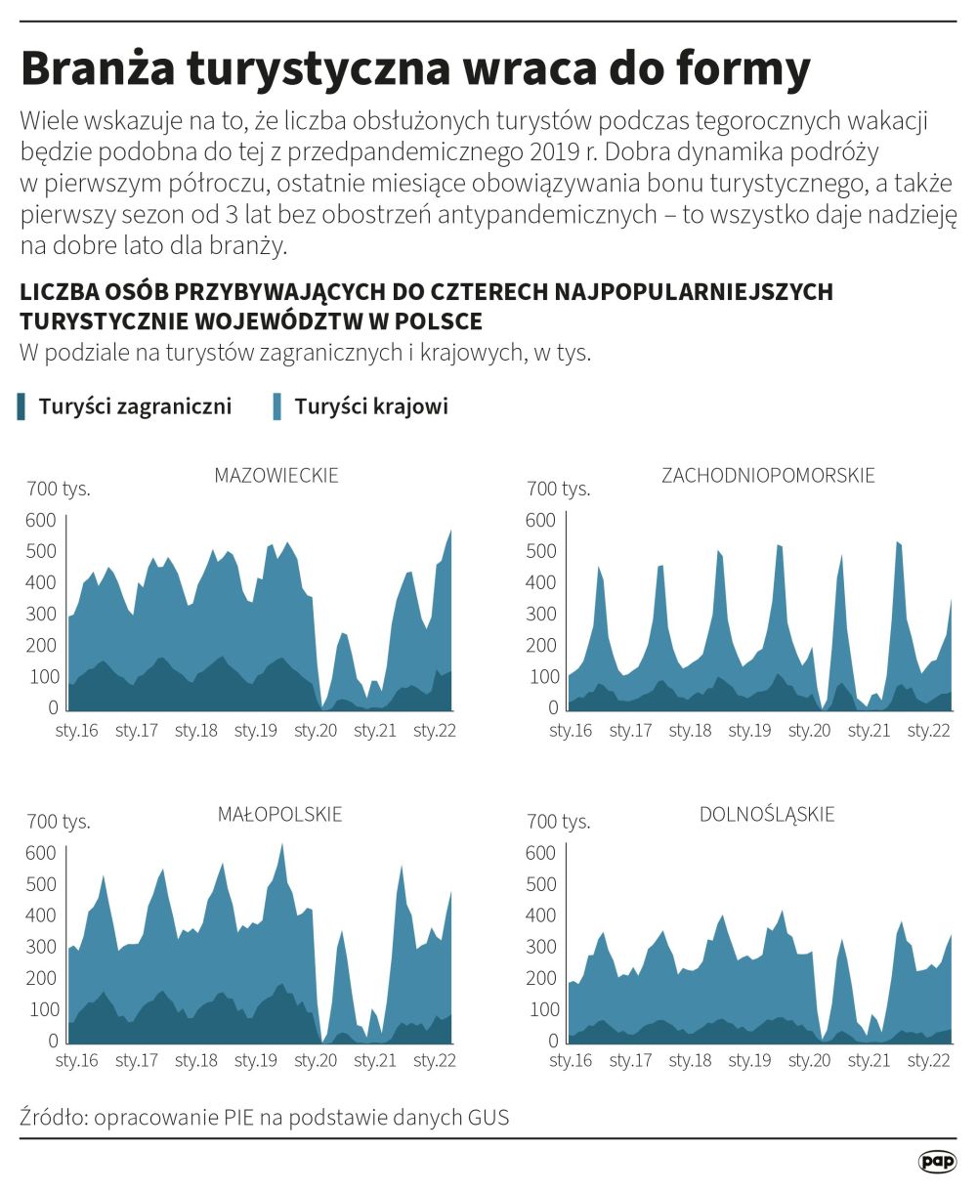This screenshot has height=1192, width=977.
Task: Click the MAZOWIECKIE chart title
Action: pos(276,477)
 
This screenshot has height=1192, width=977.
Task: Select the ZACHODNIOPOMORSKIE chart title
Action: pos(768,477)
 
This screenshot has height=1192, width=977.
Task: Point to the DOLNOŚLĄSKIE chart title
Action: pos(767,814)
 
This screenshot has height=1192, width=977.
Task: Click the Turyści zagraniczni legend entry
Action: pos(135,406)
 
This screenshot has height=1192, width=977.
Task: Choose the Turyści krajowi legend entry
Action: pos(371,406)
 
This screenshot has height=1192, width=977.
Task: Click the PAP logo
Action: pos(937,1162)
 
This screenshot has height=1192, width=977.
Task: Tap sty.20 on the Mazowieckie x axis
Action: pos(316,730)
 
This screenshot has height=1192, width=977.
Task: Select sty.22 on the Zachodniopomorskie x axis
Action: pos(928,730)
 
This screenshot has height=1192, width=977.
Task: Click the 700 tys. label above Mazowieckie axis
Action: pos(58,489)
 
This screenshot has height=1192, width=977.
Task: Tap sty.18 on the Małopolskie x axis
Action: pos(195,1061)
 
